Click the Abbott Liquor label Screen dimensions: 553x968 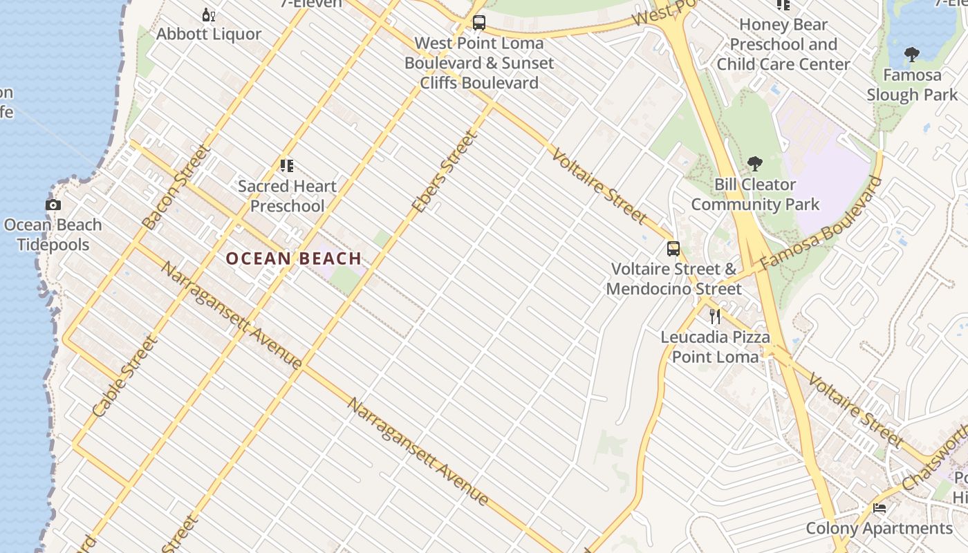209,34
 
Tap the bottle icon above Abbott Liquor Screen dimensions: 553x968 208,15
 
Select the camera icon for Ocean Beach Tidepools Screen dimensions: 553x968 53,205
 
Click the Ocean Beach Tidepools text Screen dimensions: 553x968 53,234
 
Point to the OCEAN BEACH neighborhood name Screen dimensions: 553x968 294,259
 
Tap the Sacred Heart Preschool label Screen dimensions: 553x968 287,196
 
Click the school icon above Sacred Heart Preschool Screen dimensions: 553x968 287,165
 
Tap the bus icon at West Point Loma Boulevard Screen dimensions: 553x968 478,23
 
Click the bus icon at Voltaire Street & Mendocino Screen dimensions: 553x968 673,249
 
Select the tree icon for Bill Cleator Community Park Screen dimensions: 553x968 755,164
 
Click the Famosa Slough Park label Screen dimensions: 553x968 912,84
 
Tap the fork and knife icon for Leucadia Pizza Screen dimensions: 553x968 715,317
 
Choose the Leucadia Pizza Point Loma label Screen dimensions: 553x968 715,347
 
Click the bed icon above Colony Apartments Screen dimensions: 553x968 879,508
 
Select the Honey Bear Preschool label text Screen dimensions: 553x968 783,44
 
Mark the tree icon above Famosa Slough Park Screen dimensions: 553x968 912,54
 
